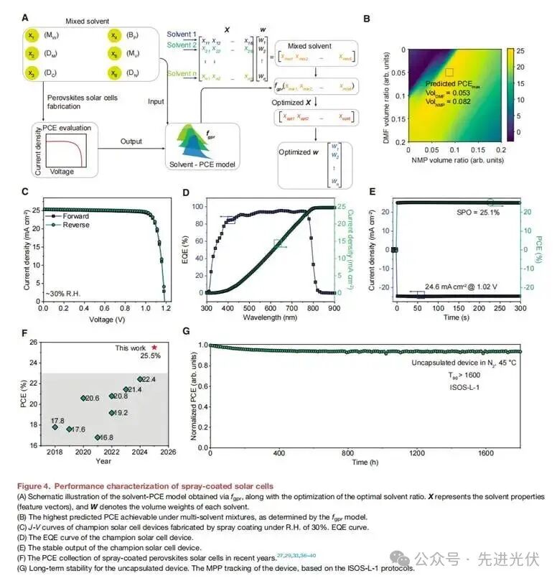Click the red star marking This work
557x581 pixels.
point(154,348)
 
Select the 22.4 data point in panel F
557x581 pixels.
point(141,379)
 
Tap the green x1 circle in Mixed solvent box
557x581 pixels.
point(31,35)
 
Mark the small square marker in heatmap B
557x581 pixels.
point(450,72)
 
